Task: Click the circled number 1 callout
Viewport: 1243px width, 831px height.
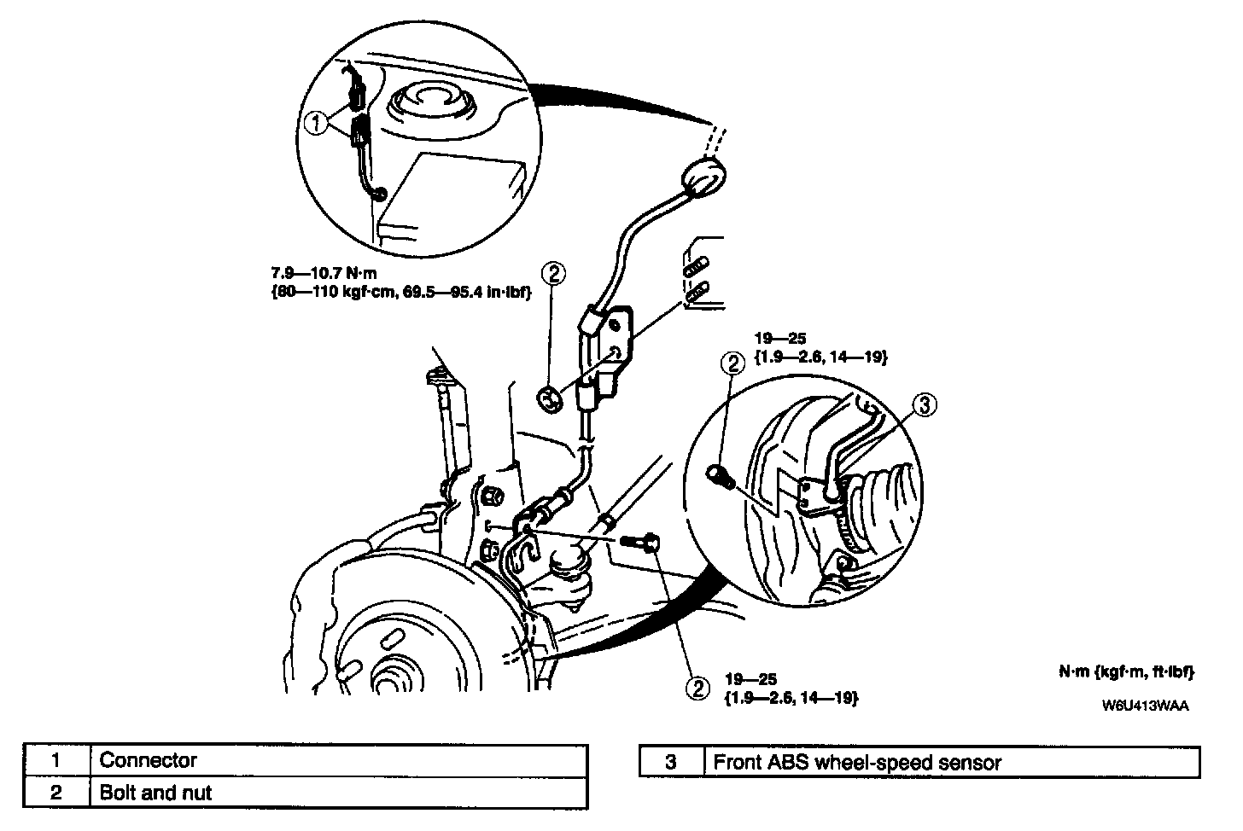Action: click(x=316, y=125)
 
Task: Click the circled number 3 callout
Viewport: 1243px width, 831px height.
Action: click(x=925, y=405)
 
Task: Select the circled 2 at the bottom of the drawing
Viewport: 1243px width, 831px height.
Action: click(x=697, y=688)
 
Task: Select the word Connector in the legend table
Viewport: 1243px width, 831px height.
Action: click(x=149, y=760)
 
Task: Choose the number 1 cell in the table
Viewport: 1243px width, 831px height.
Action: click(x=56, y=760)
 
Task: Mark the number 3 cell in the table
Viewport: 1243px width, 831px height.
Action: click(x=671, y=761)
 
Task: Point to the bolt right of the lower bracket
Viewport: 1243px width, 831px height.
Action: click(x=639, y=542)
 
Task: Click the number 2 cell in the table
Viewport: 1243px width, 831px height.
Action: click(x=56, y=793)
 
